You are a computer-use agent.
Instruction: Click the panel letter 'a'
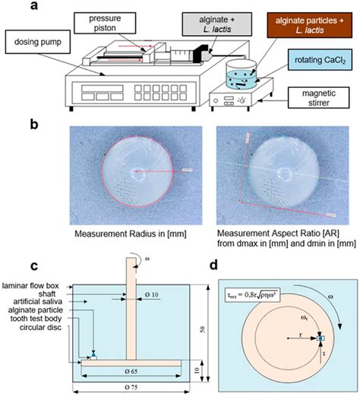[x=179, y=5]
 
